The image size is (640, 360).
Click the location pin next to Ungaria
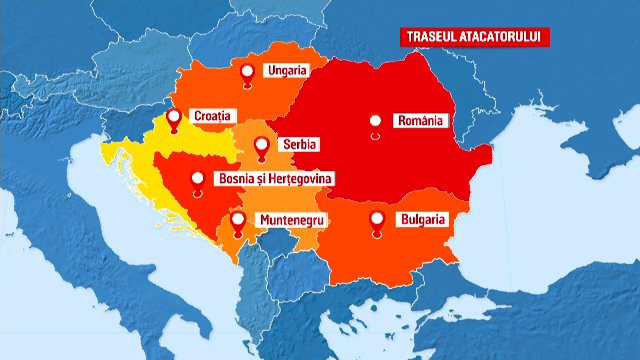point(249,71)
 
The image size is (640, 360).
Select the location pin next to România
point(375,122)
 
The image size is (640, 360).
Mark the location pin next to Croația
point(174,119)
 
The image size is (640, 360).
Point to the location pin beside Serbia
point(262,146)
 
